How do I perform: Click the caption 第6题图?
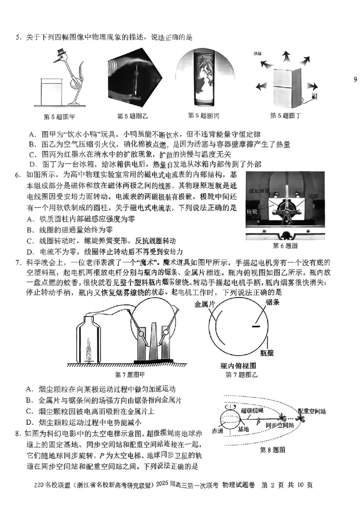[x=285, y=246]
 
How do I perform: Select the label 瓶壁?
[x=269, y=353]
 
